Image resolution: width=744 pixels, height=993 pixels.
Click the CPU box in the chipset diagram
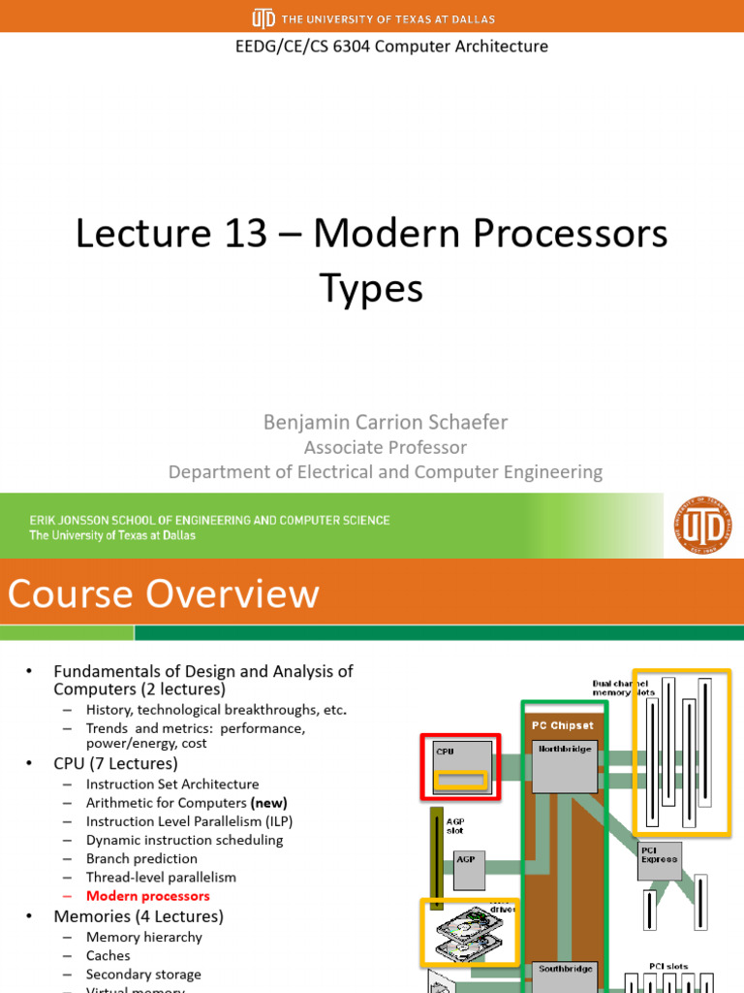460,765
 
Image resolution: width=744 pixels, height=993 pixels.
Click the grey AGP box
469,870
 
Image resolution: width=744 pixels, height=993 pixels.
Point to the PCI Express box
660,860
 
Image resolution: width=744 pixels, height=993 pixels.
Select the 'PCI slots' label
668,966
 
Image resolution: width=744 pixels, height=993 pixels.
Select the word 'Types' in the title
371,288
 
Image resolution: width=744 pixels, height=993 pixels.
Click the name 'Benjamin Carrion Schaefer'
386,422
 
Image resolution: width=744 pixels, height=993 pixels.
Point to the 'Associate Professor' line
385,447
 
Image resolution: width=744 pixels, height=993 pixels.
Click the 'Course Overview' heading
164,593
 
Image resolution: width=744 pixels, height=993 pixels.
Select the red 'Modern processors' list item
147,896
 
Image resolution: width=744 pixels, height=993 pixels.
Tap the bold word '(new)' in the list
268,803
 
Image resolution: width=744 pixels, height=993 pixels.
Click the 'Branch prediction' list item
141,858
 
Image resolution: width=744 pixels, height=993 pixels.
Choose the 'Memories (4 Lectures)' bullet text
138,916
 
